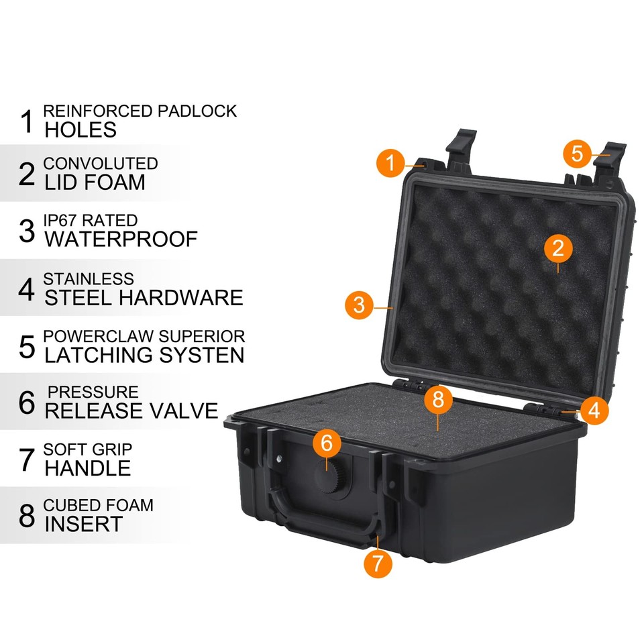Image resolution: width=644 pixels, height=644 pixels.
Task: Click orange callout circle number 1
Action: (390, 162)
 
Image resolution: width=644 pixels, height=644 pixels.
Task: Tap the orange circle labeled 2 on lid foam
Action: (558, 250)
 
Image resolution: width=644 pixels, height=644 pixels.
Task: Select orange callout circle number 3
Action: (360, 305)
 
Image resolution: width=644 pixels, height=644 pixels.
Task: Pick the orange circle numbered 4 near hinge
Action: (594, 409)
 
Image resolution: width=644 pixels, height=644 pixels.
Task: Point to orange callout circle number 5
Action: (578, 154)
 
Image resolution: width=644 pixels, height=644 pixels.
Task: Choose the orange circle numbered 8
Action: (438, 400)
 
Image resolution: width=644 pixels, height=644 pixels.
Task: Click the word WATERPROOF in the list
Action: (121, 239)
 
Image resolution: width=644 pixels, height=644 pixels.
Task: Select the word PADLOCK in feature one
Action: (197, 111)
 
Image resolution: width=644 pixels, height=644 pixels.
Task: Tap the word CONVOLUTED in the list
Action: (101, 164)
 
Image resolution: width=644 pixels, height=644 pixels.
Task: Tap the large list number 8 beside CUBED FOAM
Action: (27, 516)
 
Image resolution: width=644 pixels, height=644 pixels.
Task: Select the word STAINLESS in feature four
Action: (89, 278)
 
